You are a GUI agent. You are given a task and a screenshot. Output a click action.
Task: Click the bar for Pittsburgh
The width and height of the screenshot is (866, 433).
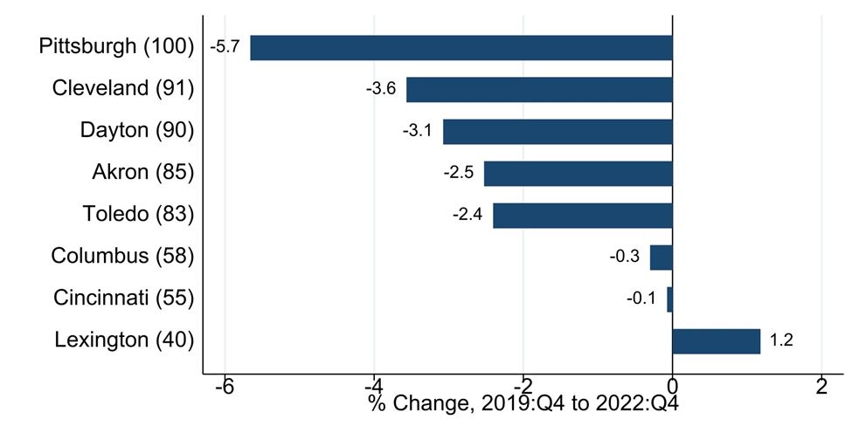[x=461, y=47]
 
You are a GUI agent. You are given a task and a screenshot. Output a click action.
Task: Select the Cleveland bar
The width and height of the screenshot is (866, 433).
[x=539, y=89]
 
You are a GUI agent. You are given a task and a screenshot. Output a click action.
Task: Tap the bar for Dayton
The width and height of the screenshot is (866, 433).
[x=558, y=131]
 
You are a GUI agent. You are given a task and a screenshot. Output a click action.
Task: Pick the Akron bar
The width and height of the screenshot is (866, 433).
[x=578, y=173]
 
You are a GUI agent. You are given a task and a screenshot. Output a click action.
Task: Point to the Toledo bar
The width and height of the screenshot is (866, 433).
[x=583, y=215]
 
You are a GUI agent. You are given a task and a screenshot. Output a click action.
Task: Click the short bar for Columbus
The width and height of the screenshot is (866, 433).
[x=662, y=257]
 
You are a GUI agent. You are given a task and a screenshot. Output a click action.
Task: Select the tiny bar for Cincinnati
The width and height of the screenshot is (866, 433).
[x=670, y=299]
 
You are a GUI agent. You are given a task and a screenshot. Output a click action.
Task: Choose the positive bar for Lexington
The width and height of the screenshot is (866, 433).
[x=717, y=340]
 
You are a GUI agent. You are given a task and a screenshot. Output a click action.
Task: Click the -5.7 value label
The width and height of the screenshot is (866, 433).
[x=225, y=47]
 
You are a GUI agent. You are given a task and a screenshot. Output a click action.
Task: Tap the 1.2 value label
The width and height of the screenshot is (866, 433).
[x=781, y=340]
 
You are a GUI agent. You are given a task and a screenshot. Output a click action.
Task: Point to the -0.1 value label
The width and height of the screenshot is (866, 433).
[x=641, y=299]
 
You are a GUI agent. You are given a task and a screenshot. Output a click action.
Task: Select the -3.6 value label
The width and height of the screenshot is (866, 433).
[x=381, y=89]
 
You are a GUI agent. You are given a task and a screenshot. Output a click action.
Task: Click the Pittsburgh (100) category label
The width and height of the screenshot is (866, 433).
[x=116, y=46]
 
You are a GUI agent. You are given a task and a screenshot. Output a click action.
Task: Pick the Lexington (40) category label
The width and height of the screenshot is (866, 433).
[x=124, y=340]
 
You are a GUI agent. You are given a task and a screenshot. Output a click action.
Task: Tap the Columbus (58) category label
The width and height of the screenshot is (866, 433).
[x=122, y=256]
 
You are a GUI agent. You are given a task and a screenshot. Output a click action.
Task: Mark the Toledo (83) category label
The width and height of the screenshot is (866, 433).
[x=139, y=214]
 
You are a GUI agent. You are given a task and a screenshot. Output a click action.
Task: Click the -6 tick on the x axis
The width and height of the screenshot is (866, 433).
[x=225, y=386]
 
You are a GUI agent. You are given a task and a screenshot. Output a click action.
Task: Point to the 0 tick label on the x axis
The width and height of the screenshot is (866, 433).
[x=672, y=386]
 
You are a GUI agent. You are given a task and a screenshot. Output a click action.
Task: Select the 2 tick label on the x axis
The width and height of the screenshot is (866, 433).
[x=821, y=386]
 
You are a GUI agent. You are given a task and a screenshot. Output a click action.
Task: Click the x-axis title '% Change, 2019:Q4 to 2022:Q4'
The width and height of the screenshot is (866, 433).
[x=523, y=404]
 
